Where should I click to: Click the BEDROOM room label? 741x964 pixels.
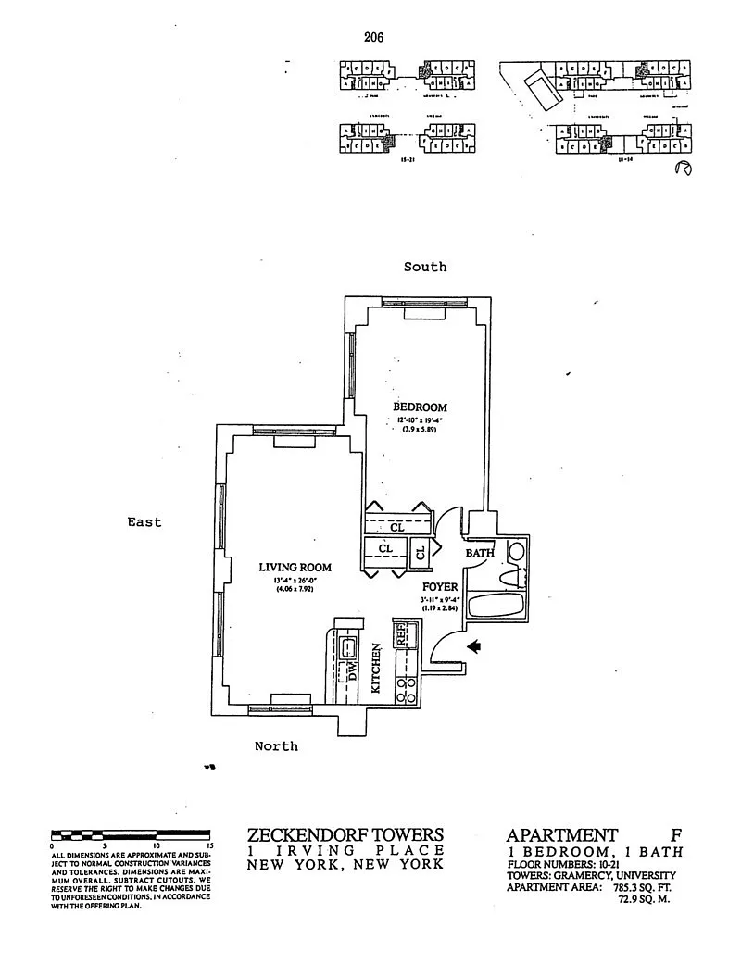click(420, 407)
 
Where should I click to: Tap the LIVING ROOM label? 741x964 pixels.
click(295, 568)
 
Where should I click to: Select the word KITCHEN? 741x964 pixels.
click(377, 670)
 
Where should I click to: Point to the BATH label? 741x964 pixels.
click(480, 553)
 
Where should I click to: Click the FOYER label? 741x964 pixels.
click(440, 587)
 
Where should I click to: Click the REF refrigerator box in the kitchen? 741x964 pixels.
click(403, 635)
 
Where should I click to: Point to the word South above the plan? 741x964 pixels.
click(425, 267)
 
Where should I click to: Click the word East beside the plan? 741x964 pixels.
click(144, 522)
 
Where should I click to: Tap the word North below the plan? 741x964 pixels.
click(276, 745)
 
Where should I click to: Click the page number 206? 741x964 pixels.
click(374, 37)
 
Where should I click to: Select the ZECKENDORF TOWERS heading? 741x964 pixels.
click(345, 834)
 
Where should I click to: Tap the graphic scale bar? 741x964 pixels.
click(132, 834)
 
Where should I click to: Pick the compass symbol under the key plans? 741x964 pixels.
click(685, 169)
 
